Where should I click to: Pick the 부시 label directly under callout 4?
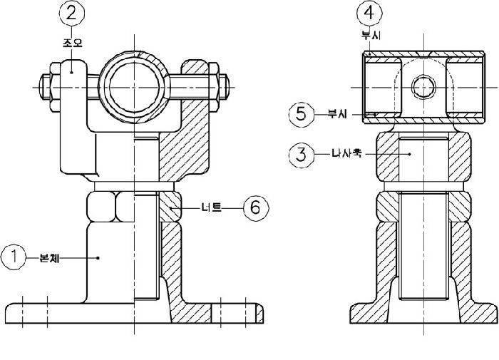click(370, 34)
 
